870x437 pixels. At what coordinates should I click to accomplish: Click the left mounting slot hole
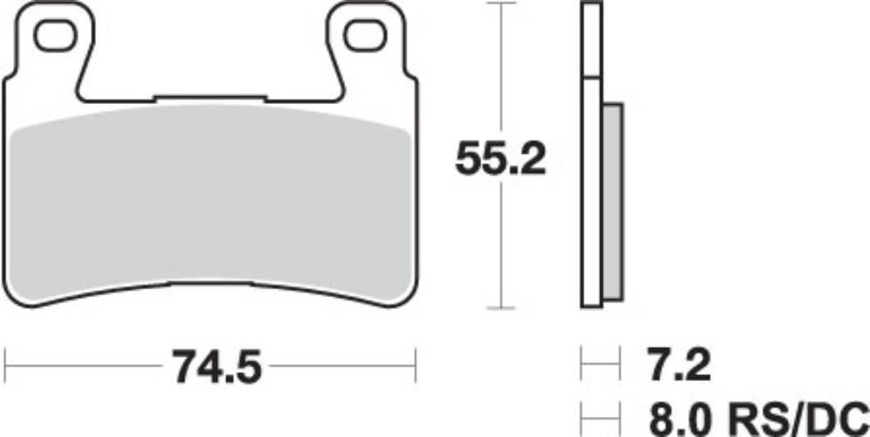coord(55,36)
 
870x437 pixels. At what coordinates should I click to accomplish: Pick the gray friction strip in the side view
coord(612,201)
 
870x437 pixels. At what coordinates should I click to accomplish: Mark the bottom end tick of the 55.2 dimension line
coord(500,308)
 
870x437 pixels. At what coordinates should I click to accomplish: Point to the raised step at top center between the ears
coord(210,96)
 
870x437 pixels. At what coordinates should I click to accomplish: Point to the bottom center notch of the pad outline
coord(210,285)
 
